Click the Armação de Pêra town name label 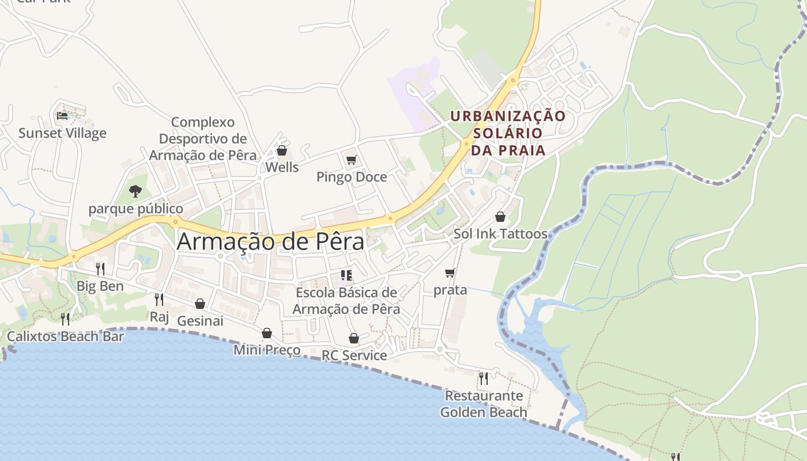270,241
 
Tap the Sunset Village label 62,133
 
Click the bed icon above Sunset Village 62,116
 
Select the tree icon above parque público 135,191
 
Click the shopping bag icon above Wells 282,151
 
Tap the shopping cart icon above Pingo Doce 352,160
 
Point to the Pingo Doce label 352,177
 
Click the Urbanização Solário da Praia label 508,133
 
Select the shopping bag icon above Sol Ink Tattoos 500,217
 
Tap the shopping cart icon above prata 450,273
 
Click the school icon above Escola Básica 346,275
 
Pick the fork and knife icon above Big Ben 100,269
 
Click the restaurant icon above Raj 159,299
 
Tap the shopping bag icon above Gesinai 200,304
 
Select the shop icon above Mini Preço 267,333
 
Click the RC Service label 354,356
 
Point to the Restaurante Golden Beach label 484,404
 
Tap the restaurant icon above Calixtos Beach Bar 66,319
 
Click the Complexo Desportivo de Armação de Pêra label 203,139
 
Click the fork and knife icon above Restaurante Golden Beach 484,378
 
